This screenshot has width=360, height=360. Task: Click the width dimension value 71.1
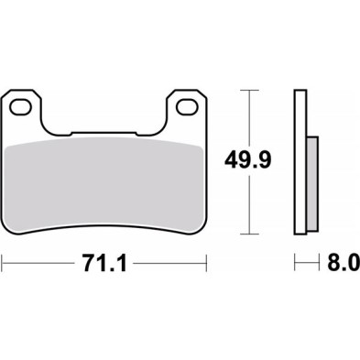click(x=103, y=264)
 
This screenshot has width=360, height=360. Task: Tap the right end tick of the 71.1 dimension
click(x=206, y=264)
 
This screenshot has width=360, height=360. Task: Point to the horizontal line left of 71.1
click(x=37, y=264)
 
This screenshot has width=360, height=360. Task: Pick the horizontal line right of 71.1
click(x=169, y=264)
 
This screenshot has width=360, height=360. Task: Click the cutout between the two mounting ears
click(x=104, y=119)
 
